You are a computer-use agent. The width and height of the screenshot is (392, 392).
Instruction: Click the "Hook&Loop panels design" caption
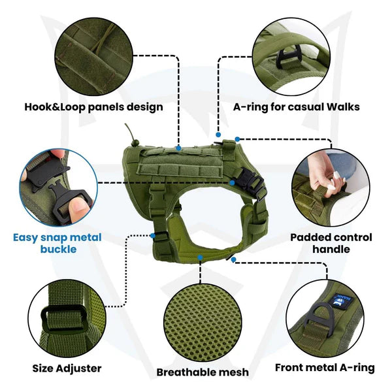tap(93, 106)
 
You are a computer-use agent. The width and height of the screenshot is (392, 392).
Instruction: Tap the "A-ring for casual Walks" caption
tap(296, 106)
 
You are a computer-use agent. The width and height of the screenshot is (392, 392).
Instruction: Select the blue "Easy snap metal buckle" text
tap(57, 242)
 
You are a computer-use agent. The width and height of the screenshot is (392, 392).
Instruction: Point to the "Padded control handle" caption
tap(331, 242)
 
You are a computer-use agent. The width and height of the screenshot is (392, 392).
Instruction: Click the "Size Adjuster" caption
tap(67, 368)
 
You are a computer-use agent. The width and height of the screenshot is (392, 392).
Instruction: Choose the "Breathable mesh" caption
tap(203, 372)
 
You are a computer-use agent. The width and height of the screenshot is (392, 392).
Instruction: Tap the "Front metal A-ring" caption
tap(325, 368)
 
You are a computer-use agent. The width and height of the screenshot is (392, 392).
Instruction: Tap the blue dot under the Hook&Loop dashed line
tap(178, 146)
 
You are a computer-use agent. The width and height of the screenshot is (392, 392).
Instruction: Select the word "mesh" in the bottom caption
tap(233, 372)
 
